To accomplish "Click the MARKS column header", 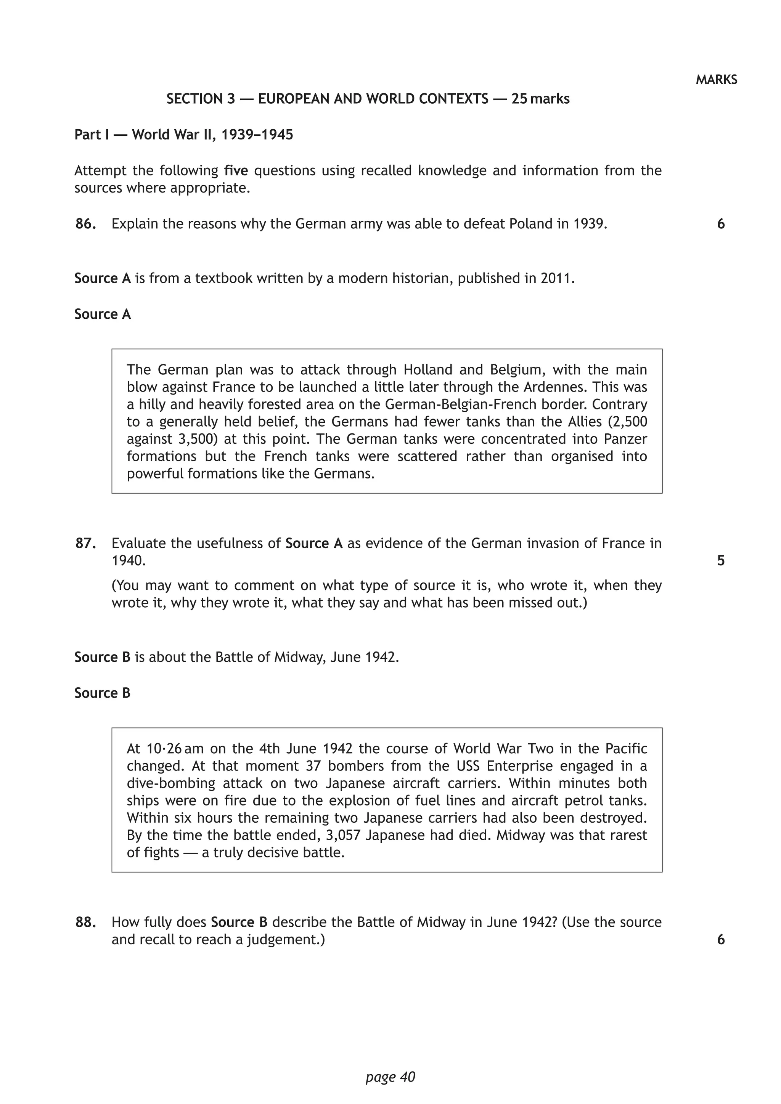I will click(716, 80).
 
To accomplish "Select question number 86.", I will click(85, 224).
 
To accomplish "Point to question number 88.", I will click(85, 922).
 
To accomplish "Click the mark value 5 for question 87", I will click(720, 561).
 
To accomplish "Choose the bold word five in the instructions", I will click(236, 171).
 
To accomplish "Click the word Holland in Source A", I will click(427, 370).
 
